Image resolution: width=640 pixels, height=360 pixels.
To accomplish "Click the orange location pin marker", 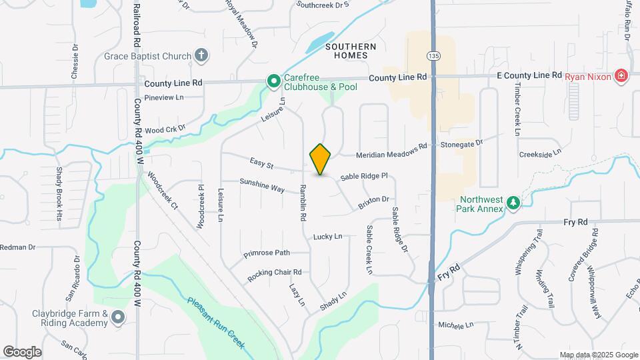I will click(x=321, y=159).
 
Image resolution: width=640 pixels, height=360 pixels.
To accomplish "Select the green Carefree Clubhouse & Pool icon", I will click(x=273, y=81).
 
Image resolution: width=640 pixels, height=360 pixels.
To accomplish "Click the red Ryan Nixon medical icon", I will click(x=621, y=76).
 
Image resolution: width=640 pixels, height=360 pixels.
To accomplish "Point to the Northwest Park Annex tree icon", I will click(x=513, y=202).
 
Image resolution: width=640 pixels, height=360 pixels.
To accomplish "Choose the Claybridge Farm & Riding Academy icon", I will click(x=118, y=318).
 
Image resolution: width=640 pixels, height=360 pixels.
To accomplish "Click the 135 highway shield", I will click(x=434, y=55).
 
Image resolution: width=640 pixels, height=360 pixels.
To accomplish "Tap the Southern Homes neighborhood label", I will click(x=351, y=51).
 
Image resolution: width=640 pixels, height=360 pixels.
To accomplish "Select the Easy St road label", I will click(x=262, y=163).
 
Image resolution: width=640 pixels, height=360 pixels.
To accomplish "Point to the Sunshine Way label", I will click(x=262, y=185).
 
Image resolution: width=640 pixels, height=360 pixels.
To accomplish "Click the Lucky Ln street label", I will click(x=327, y=237).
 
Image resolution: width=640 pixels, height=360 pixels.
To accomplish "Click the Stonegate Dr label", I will click(x=460, y=143).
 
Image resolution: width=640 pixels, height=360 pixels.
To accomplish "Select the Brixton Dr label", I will click(x=373, y=202).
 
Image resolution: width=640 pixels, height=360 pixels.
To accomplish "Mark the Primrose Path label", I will click(x=267, y=253).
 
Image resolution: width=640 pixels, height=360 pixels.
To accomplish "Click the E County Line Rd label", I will click(x=529, y=76).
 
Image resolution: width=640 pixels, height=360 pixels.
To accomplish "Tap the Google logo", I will click(x=23, y=351).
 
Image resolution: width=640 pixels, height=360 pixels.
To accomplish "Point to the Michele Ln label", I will click(x=455, y=325).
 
